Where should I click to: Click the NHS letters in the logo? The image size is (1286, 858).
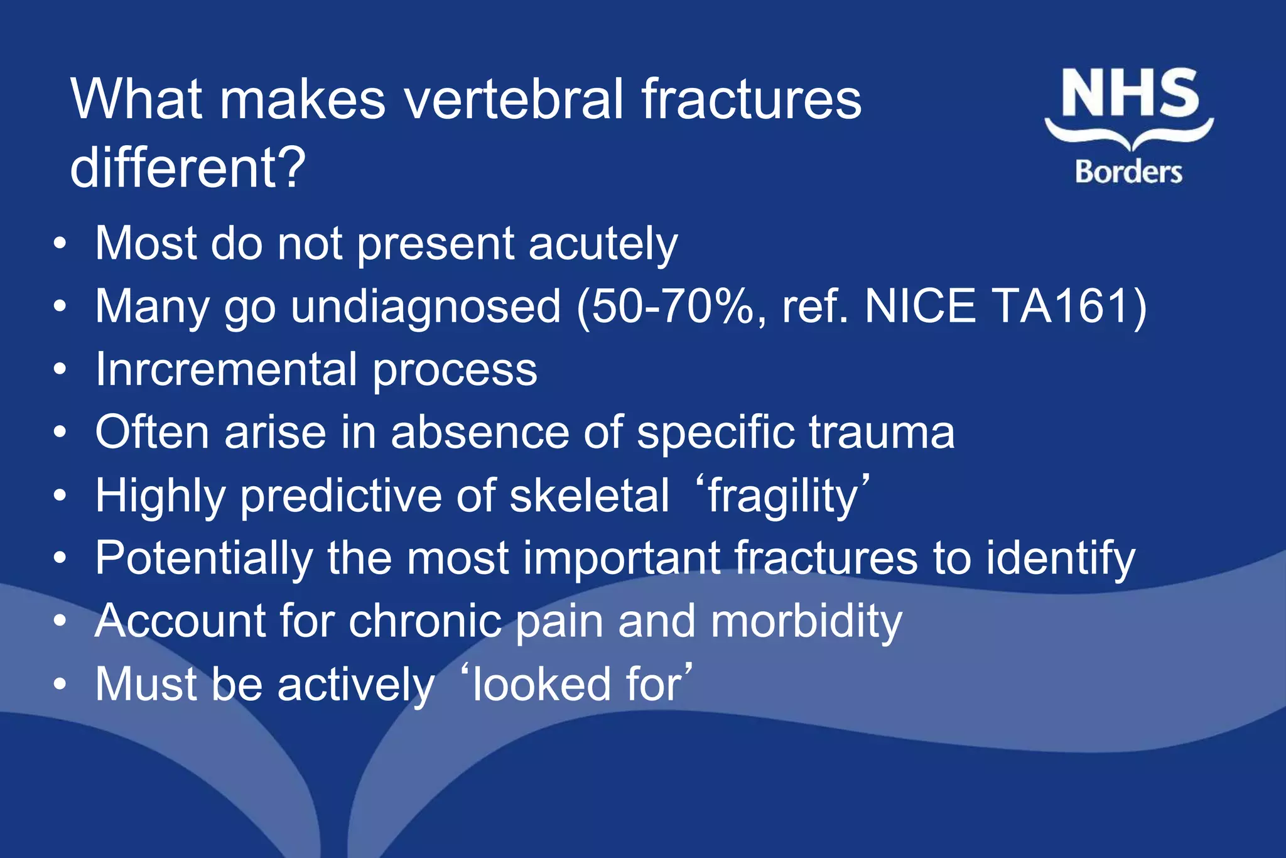click(x=1130, y=94)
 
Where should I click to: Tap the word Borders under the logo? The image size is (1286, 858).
click(x=1128, y=171)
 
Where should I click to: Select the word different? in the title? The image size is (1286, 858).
click(x=188, y=168)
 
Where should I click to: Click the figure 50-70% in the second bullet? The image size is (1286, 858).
click(x=673, y=307)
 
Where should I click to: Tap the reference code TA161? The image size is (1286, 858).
click(x=1062, y=307)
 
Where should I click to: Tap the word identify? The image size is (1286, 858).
click(x=1061, y=558)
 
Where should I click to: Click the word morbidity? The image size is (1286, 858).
click(x=806, y=621)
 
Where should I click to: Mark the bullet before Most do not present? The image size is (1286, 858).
click(x=60, y=244)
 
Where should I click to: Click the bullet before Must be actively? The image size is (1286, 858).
click(x=60, y=684)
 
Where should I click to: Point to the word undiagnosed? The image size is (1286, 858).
click(x=425, y=307)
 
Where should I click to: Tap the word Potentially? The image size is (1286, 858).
click(x=204, y=558)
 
